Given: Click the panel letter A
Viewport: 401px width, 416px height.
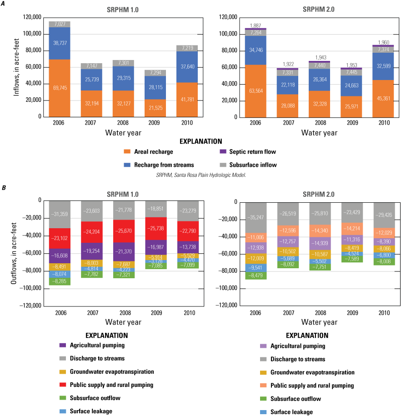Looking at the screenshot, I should click(x=4, y=4).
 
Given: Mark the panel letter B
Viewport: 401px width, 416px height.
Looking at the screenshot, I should click(x=4, y=186).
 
